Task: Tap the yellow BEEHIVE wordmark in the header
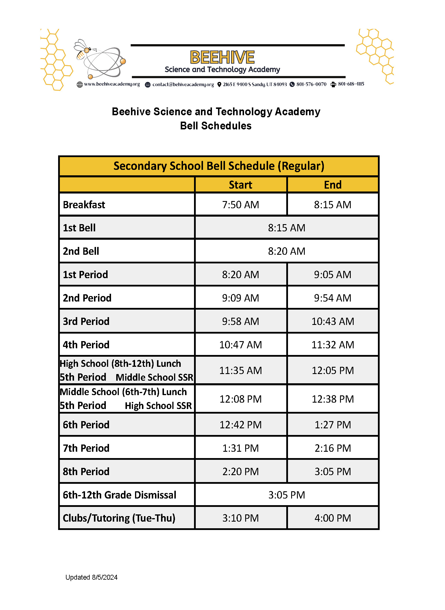pyautogui.click(x=222, y=57)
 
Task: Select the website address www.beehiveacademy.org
pyautogui.click(x=112, y=84)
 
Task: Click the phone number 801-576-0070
pyautogui.click(x=311, y=84)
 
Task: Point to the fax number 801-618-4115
pyautogui.click(x=351, y=84)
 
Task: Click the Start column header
pyautogui.click(x=241, y=185)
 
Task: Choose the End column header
pyautogui.click(x=333, y=185)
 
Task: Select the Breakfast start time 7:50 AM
pyautogui.click(x=241, y=205)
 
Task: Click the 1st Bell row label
pyautogui.click(x=79, y=228)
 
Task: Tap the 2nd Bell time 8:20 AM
pyautogui.click(x=286, y=251)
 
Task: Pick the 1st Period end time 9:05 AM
pyautogui.click(x=333, y=275)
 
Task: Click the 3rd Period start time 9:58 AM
pyautogui.click(x=241, y=321)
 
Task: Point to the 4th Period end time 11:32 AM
pyautogui.click(x=333, y=345)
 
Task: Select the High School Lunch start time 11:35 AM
pyautogui.click(x=241, y=371)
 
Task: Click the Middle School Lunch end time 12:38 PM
pyautogui.click(x=333, y=399)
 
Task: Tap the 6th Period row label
pyautogui.click(x=86, y=425)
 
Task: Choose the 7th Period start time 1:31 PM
pyautogui.click(x=241, y=448)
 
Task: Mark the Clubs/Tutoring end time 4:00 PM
pyautogui.click(x=333, y=518)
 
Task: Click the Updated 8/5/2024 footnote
pyautogui.click(x=91, y=577)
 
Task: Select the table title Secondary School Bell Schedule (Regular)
pyautogui.click(x=219, y=166)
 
